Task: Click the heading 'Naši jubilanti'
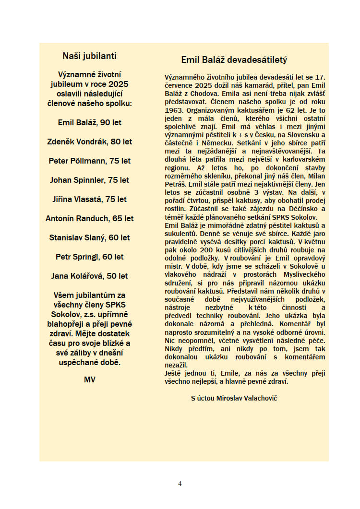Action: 89,56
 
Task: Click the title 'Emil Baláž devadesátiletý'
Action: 234,60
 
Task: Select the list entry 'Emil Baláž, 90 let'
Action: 89,122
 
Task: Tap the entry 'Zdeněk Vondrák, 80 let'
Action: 89,142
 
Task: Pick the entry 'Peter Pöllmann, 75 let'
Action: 89,161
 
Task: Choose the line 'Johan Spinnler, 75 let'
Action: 89,180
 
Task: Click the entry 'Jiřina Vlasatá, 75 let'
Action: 89,199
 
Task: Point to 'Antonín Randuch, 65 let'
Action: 89,218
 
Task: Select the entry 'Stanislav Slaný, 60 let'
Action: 89,237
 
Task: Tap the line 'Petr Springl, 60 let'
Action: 89,257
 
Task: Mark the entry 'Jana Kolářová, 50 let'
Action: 89,276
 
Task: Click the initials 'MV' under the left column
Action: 89,379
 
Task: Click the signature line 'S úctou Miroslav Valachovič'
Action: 234,398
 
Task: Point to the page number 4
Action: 180,484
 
